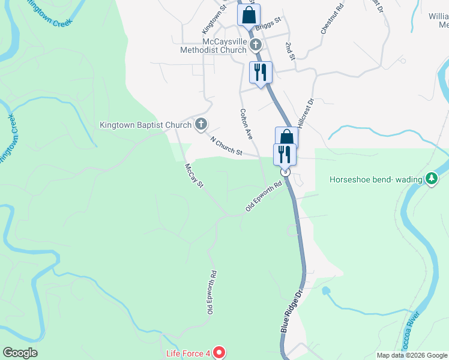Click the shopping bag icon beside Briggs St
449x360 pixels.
[x=249, y=15]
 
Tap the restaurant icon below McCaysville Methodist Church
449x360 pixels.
[x=261, y=73]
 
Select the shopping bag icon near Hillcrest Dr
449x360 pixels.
[x=287, y=138]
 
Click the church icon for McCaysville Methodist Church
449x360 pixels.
[x=256, y=44]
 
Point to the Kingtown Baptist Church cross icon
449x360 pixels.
[x=201, y=125]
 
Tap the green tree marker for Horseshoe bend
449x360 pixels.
[x=431, y=179]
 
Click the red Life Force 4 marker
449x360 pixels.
[x=219, y=353]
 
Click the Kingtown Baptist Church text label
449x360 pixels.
[x=145, y=125]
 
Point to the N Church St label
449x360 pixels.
[x=226, y=146]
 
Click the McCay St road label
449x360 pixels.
[x=194, y=175]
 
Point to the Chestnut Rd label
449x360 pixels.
[x=331, y=19]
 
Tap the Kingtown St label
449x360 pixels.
[x=213, y=20]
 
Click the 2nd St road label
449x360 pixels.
[x=290, y=51]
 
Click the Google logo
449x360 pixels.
[x=20, y=353]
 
